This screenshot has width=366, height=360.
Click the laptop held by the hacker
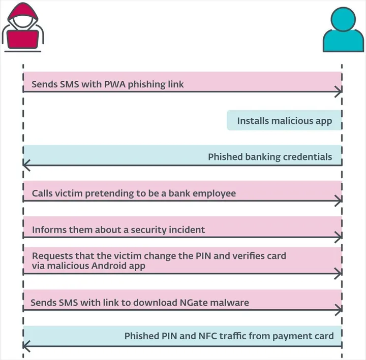23,40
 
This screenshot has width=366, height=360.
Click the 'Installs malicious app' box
284,120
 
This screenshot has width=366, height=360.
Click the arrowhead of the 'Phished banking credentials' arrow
26,165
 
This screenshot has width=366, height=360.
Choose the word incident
187,230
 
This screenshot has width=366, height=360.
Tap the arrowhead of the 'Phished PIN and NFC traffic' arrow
26,346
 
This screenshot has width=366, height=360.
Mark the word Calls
42,193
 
